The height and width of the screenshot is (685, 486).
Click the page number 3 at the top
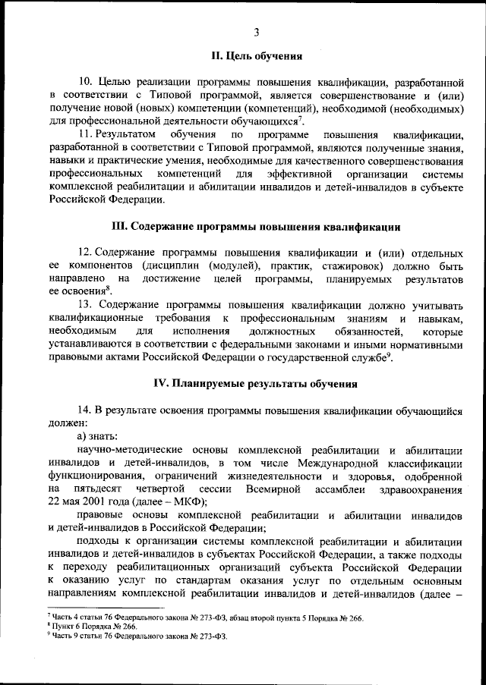(x=256, y=31)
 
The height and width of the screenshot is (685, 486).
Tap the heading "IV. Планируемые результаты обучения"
(x=255, y=384)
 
